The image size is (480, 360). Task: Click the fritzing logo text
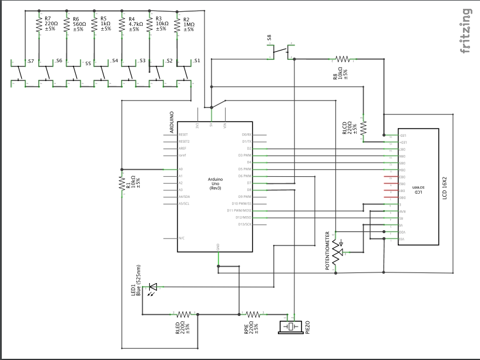pos(466,31)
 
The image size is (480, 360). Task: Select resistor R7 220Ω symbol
pos(39,25)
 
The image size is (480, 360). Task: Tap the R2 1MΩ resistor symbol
pos(177,25)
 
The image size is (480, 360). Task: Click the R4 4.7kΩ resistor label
pos(134,24)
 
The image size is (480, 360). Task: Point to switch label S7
pos(31,61)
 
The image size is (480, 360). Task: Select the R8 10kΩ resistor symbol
pos(343,59)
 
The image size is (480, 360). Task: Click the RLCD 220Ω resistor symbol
pos(363,127)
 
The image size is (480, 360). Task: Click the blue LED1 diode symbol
pos(153,287)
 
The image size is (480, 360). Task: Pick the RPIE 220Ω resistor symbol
pos(253,314)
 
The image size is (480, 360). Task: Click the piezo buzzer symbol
pos(292,326)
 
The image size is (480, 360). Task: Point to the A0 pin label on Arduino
pos(181,169)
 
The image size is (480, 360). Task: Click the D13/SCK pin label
pos(244,224)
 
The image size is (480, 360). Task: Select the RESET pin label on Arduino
pos(184,134)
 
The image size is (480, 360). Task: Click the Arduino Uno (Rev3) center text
pos(215,183)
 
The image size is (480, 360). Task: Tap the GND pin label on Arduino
pos(219,247)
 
